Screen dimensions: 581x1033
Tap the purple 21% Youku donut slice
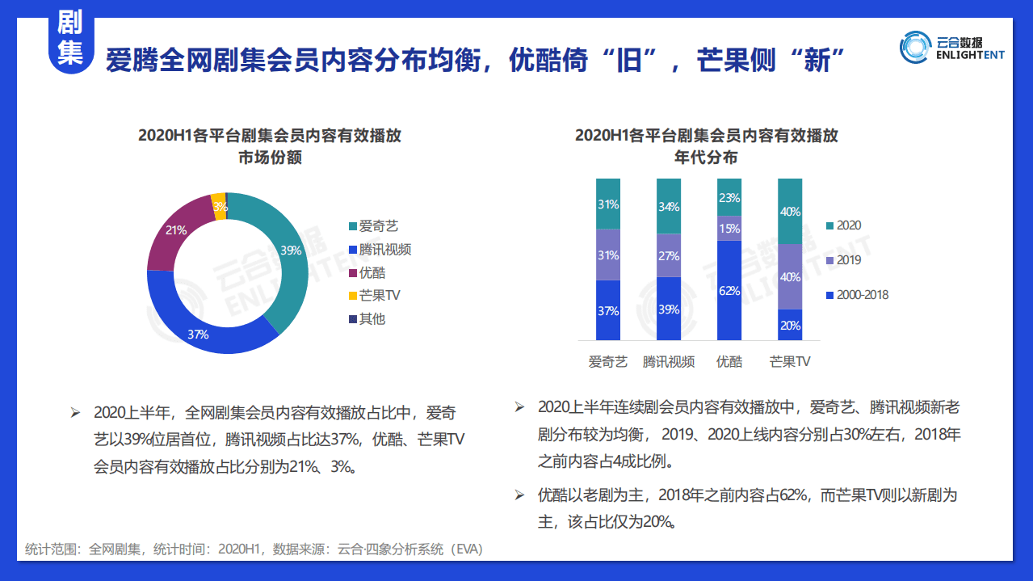176,230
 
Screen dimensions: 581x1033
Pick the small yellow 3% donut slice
218,206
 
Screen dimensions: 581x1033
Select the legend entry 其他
372,318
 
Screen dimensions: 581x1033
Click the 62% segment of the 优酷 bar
729,290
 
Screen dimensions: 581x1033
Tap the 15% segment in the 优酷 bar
729,228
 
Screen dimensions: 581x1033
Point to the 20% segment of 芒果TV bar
790,325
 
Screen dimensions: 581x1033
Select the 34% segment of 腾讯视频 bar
669,206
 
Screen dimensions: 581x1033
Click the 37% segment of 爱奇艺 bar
608,310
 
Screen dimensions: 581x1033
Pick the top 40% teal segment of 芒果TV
790,211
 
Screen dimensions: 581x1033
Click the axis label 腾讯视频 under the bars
669,362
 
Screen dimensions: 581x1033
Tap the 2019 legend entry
848,260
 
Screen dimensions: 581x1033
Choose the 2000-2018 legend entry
862,295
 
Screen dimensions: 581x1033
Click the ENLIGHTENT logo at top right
953,47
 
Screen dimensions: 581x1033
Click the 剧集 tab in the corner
70,38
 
